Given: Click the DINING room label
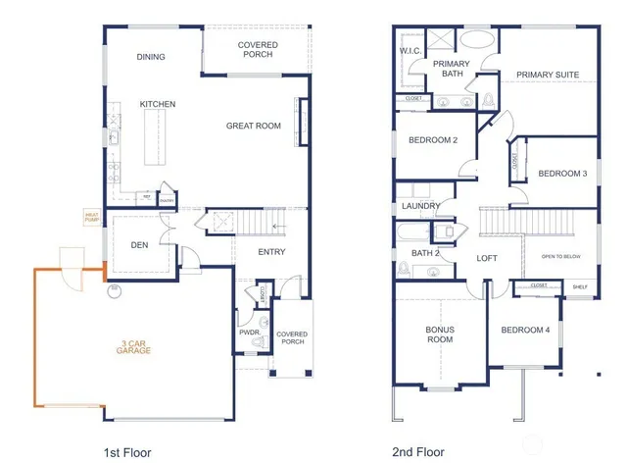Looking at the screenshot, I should [x=151, y=57].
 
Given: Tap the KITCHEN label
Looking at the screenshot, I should [x=157, y=104].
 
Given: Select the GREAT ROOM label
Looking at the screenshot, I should [x=254, y=126].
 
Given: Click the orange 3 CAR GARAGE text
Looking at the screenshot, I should [x=135, y=346].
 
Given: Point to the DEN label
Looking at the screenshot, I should [x=141, y=246].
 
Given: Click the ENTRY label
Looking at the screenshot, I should [x=271, y=253].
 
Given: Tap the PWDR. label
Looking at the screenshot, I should [x=249, y=333].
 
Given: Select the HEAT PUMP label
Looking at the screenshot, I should [x=92, y=217].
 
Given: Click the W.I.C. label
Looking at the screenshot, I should [x=410, y=51].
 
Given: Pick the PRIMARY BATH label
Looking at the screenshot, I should [x=452, y=69].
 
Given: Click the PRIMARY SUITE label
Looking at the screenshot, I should [x=548, y=75].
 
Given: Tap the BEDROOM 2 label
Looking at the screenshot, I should [x=434, y=140].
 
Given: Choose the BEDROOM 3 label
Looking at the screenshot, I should [x=562, y=174].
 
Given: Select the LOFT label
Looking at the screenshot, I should [x=487, y=259].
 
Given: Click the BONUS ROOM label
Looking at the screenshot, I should [x=439, y=334].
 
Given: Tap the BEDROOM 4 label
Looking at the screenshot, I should [x=526, y=330].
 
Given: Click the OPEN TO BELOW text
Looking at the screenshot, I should [x=560, y=259].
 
